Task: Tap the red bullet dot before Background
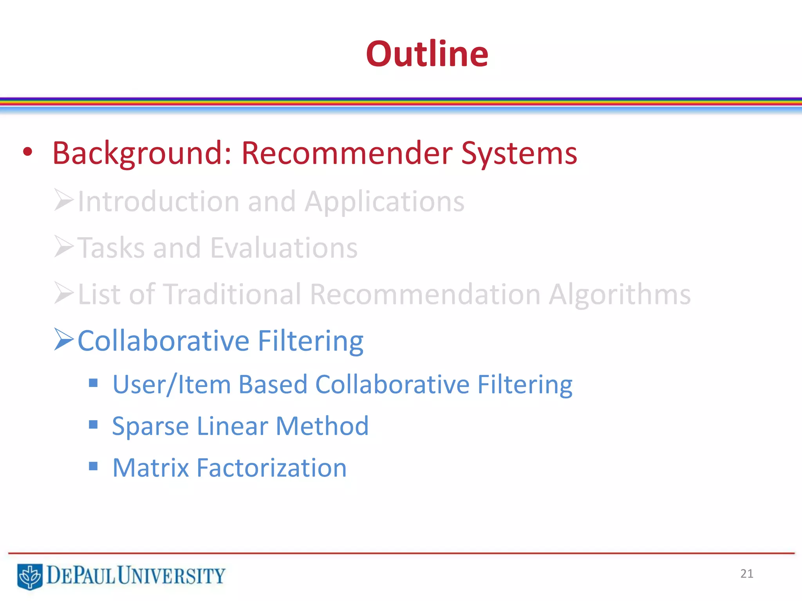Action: [x=27, y=152]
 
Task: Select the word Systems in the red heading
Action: [x=518, y=153]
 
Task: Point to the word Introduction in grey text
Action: [x=158, y=202]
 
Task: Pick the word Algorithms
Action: [x=619, y=294]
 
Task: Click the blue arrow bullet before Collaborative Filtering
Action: [x=63, y=339]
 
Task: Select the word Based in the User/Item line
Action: [x=273, y=385]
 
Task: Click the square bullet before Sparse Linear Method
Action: [x=93, y=425]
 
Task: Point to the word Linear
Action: [x=232, y=426]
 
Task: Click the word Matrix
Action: [x=151, y=468]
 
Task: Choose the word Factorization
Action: [x=271, y=468]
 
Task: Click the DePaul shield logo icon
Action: [x=30, y=576]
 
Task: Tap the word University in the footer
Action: [x=171, y=576]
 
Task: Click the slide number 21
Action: [x=746, y=574]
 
